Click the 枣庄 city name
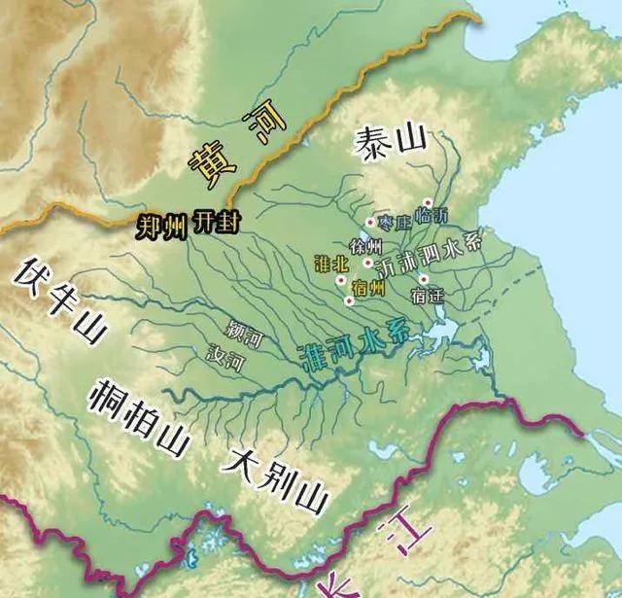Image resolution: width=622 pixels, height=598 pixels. pyautogui.click(x=396, y=223)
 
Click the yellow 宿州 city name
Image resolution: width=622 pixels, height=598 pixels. pyautogui.click(x=369, y=289)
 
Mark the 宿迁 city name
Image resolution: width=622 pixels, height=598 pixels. pyautogui.click(x=428, y=293)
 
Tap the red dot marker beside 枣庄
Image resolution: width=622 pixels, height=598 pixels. pyautogui.click(x=370, y=223)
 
